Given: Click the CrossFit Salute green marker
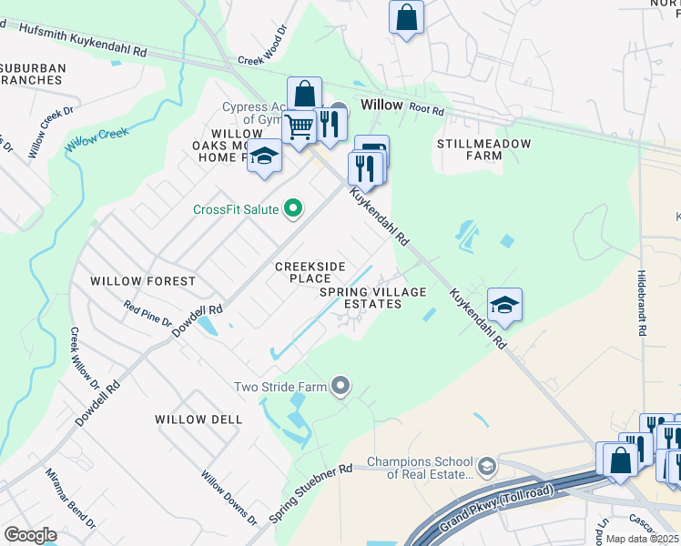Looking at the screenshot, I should [x=292, y=210].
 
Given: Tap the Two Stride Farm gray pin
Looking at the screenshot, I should [x=340, y=387].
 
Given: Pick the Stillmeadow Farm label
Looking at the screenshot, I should [x=469, y=150].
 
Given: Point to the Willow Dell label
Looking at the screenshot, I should [x=198, y=420].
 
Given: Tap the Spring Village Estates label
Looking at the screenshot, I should [x=373, y=298].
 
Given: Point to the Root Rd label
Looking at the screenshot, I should [x=426, y=110].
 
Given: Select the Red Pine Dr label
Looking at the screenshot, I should [x=147, y=316].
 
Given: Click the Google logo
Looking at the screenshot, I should [x=30, y=535].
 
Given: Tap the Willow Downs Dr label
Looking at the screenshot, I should [x=229, y=496].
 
